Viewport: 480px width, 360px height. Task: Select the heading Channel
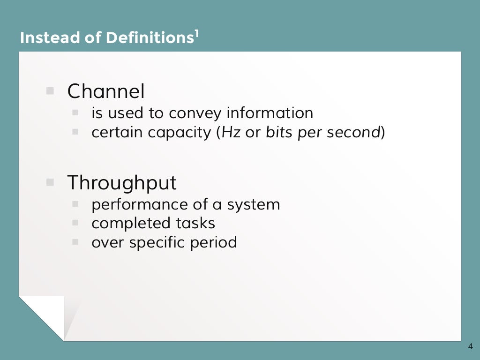tap(106, 91)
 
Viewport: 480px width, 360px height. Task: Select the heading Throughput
tap(122, 182)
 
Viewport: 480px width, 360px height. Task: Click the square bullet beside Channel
tap(50, 91)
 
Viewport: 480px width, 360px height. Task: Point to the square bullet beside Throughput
tap(50, 182)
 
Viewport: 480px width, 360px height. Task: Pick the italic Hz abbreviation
tap(231, 133)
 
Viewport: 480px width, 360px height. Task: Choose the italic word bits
tap(279, 133)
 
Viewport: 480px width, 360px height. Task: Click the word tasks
tap(195, 223)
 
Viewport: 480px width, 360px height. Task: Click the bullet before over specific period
tap(75, 242)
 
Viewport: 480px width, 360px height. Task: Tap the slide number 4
tap(470, 347)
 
